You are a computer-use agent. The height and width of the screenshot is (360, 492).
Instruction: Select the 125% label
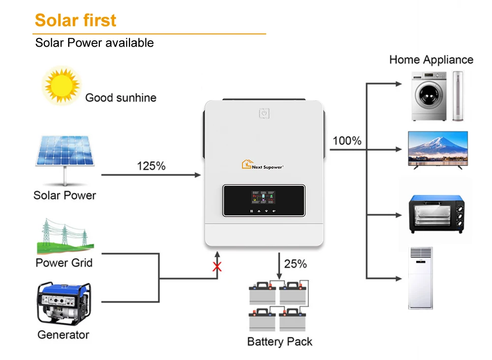[x=151, y=166]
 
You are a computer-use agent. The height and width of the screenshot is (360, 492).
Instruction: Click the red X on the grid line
[x=216, y=267]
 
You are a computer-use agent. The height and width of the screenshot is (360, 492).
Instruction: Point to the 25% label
[x=295, y=264]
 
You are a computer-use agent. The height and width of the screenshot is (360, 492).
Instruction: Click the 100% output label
[x=347, y=141]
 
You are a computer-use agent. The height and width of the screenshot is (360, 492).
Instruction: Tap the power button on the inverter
[x=264, y=114]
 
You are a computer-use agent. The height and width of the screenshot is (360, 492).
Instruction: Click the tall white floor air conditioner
[x=420, y=278]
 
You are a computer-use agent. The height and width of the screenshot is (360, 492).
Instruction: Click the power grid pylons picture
[x=64, y=237]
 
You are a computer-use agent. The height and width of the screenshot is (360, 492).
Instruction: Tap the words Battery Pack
[x=279, y=341]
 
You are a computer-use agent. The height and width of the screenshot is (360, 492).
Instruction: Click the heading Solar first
[x=75, y=20]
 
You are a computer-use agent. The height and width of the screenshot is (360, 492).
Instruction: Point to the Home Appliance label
[x=431, y=60]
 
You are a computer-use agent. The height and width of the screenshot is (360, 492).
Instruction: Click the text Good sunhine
[x=121, y=97]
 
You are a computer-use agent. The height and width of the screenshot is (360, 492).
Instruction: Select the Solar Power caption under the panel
[x=64, y=195]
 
